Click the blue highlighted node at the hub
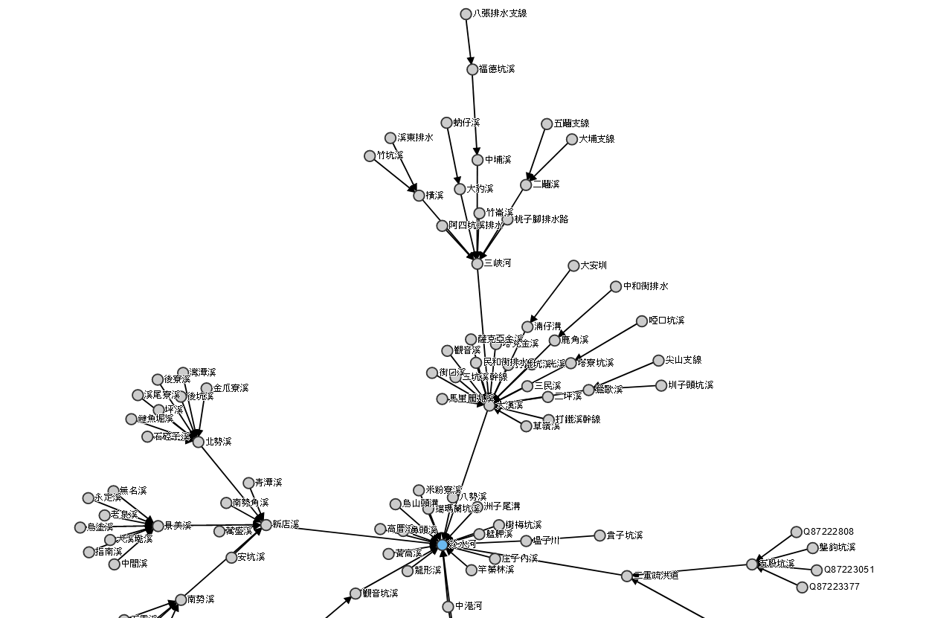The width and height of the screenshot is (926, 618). [443, 545]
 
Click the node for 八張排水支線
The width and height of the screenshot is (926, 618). [466, 14]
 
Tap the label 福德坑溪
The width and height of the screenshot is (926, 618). [497, 69]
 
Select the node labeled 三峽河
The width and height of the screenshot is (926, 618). [478, 263]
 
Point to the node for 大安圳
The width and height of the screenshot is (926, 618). [573, 265]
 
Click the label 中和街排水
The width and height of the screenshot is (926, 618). [646, 286]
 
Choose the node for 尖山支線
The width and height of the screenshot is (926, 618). [658, 361]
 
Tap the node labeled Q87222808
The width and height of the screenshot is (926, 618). [797, 532]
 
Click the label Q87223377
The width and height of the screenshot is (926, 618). [836, 587]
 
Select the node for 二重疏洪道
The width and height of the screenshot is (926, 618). [627, 576]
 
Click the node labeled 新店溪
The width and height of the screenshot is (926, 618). [266, 525]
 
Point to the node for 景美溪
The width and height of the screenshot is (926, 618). [158, 526]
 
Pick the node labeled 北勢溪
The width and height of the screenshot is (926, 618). [199, 442]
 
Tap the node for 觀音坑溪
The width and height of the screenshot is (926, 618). [356, 593]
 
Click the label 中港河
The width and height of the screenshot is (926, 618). [469, 606]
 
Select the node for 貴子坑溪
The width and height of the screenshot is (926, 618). [600, 535]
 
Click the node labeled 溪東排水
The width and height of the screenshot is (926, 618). [390, 138]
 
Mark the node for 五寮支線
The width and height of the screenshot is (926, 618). [547, 123]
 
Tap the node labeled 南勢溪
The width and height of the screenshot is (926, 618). [181, 599]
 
